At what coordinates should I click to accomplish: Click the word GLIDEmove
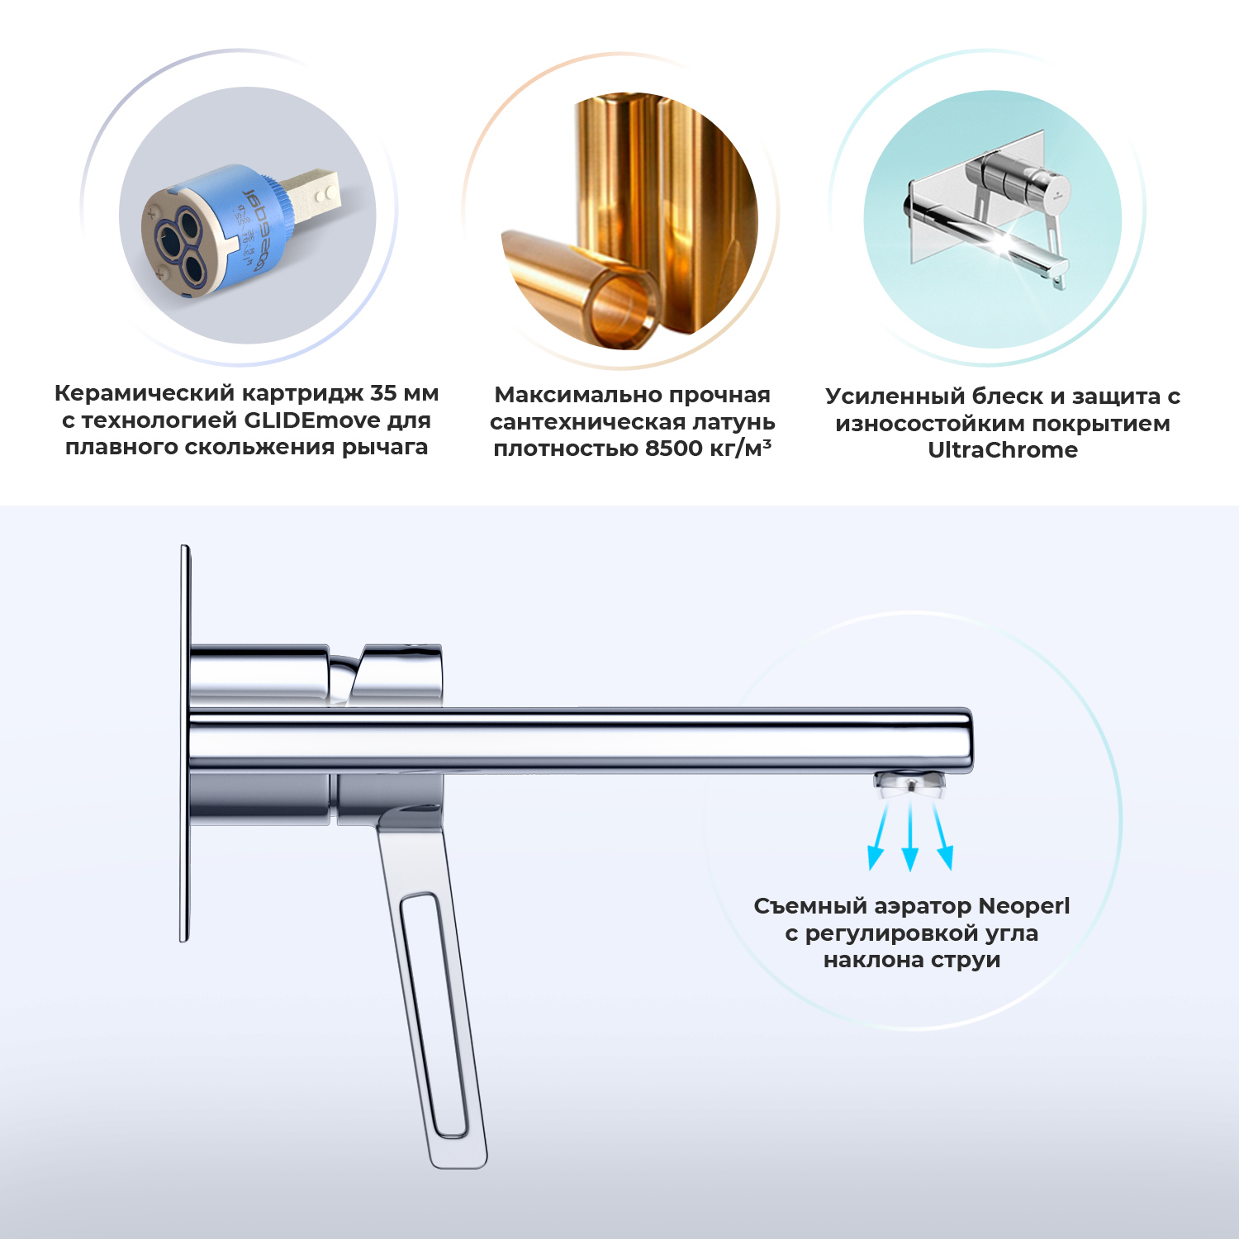point(311,420)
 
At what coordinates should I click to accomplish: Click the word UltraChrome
point(1003,450)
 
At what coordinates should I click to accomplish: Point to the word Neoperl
point(1024,906)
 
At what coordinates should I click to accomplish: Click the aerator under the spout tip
point(911,784)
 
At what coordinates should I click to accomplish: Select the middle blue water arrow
point(910,838)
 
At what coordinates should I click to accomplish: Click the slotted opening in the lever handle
point(434,1015)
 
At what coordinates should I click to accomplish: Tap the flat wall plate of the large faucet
point(185,743)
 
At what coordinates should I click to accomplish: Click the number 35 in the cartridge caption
point(384,393)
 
